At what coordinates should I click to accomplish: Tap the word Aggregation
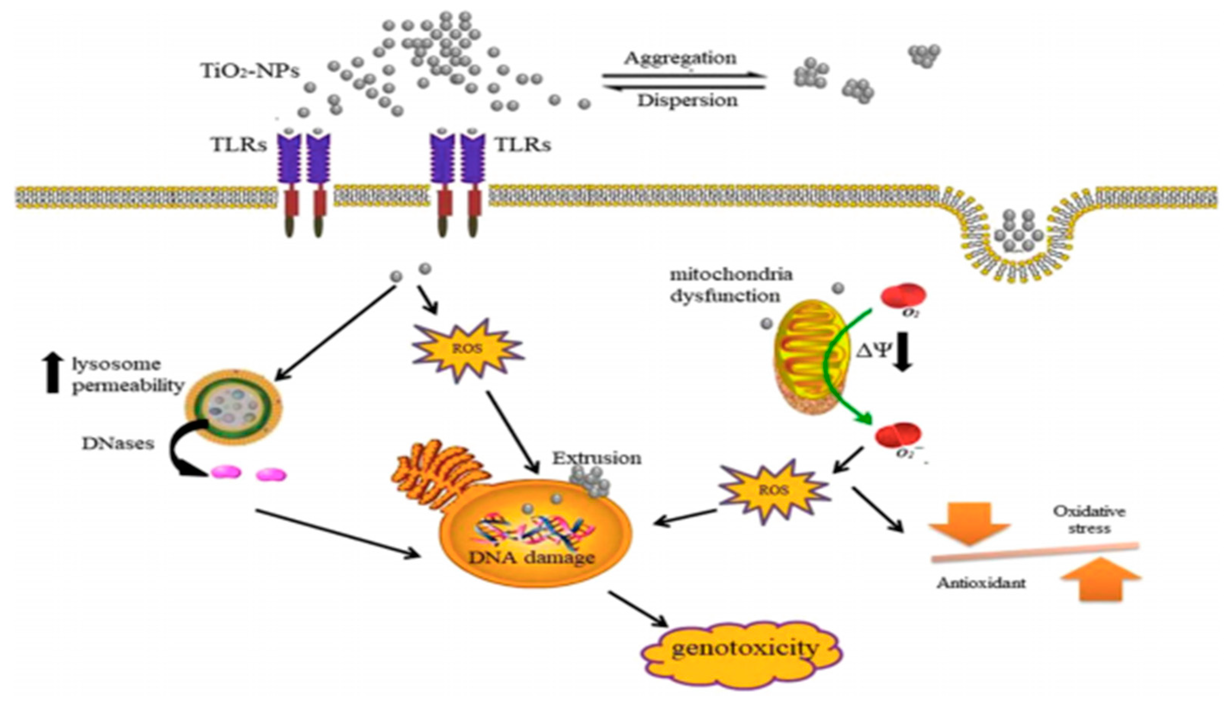(680, 58)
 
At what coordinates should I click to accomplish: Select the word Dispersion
(688, 100)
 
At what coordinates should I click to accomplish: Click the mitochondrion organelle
(812, 357)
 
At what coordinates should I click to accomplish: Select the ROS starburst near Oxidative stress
(773, 491)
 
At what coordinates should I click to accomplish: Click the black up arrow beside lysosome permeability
(53, 372)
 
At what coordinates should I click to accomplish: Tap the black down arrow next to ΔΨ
(903, 353)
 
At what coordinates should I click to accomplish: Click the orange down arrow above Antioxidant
(969, 523)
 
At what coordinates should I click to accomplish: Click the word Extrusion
(597, 458)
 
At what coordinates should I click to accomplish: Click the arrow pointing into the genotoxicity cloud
(638, 609)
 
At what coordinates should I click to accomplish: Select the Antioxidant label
(981, 583)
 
